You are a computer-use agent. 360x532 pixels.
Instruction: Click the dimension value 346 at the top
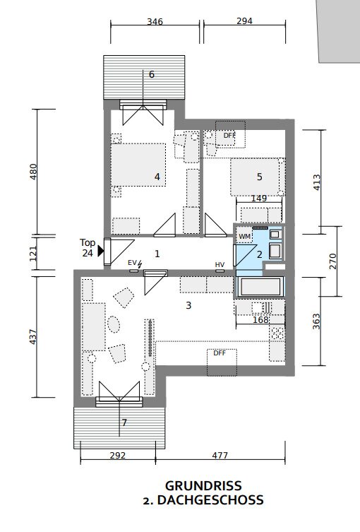tap(155, 22)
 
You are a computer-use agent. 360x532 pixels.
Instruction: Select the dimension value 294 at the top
tap(244, 21)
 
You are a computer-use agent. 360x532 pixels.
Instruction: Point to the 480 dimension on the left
tap(33, 172)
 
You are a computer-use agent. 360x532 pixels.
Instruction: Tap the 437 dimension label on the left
tap(33, 337)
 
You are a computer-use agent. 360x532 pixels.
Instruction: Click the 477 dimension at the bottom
tap(220, 455)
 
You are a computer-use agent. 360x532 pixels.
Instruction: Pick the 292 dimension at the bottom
tap(118, 455)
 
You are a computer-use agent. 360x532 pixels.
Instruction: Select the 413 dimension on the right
tap(316, 182)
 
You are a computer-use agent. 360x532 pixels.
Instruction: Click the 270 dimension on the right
tap(333, 261)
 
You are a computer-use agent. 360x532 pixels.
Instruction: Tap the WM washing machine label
tap(244, 237)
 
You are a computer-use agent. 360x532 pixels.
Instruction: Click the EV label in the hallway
tap(132, 263)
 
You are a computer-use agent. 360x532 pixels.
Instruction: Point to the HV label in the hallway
tap(220, 264)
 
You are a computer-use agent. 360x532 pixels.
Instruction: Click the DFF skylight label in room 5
tap(229, 136)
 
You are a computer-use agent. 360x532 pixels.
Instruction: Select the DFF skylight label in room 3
tap(220, 353)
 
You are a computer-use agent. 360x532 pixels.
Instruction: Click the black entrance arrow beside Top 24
tap(101, 251)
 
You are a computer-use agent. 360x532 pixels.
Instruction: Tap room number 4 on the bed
tap(157, 177)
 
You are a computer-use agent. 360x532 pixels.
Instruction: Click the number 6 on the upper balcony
tap(152, 74)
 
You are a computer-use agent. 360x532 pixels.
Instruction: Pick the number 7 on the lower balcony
tap(124, 422)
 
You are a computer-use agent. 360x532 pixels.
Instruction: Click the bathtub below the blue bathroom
tap(260, 286)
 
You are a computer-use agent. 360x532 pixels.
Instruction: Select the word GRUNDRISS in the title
tap(203, 486)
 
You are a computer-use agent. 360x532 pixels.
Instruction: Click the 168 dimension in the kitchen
tap(260, 319)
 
